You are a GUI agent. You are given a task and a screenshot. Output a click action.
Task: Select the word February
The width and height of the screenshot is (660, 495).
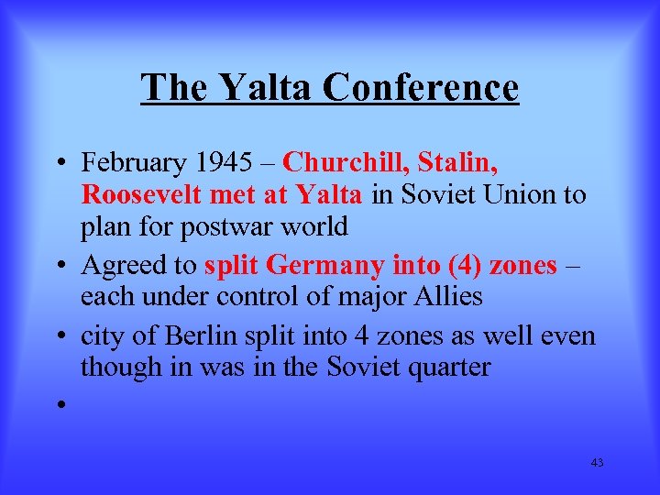click(x=133, y=163)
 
